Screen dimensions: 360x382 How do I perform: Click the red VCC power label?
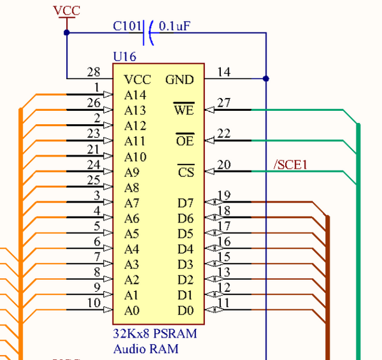[66, 11]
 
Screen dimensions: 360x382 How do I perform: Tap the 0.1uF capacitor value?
[176, 27]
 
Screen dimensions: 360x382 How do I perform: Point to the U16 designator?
[124, 57]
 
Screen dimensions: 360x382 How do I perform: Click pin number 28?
[94, 72]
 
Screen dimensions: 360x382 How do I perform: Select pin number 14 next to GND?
[223, 72]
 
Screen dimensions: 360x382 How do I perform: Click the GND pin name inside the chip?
[180, 80]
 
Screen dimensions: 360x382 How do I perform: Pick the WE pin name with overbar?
[183, 110]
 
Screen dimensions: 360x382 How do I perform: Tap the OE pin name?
[185, 141]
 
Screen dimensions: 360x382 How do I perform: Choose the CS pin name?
[185, 172]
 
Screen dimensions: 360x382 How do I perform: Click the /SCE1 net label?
[290, 165]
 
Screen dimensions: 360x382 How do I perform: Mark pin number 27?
[223, 103]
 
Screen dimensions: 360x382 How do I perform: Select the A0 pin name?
[132, 311]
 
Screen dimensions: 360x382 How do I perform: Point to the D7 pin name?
[185, 203]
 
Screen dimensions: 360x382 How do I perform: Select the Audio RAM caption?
[146, 349]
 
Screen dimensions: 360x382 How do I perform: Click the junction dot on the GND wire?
[266, 79]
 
